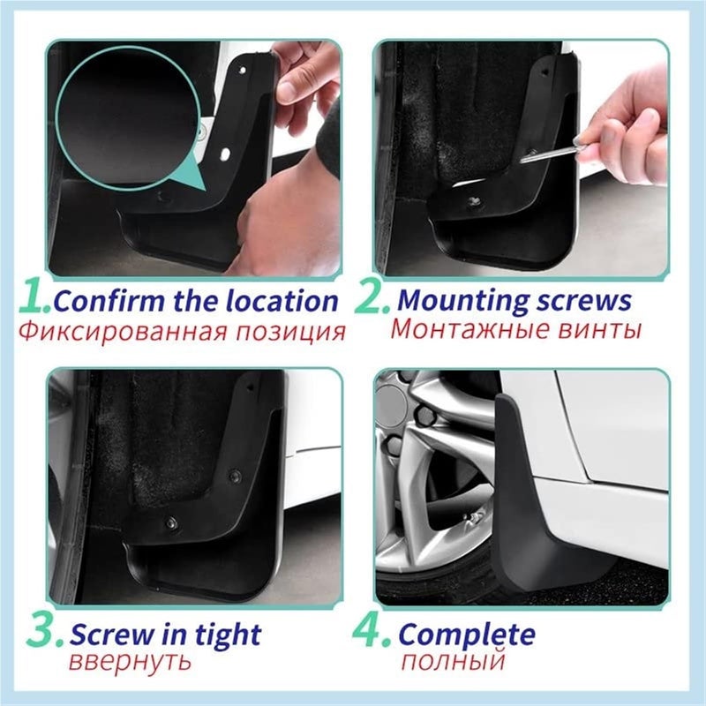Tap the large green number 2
click(x=372, y=300)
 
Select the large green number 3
click(x=42, y=634)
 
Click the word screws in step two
click(x=583, y=301)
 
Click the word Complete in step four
click(x=467, y=635)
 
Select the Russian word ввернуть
click(x=131, y=663)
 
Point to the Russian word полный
click(x=453, y=662)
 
